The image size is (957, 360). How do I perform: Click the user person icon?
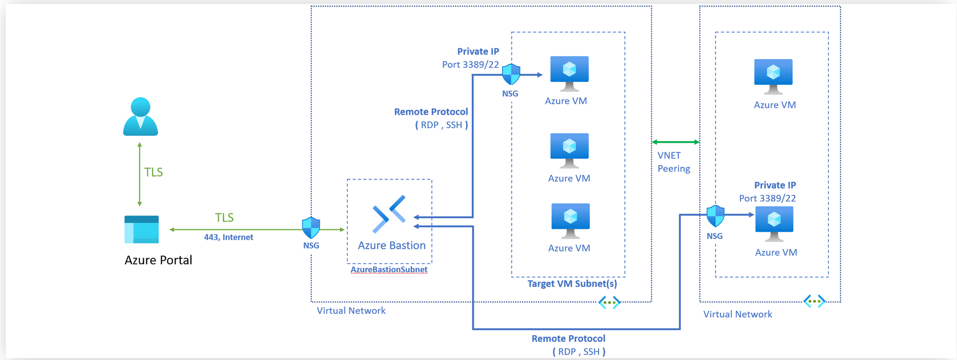[x=140, y=116]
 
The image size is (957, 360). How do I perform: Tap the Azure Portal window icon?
[x=141, y=229]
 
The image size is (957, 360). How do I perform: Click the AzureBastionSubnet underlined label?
[x=389, y=270]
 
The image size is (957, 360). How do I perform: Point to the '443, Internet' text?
[x=228, y=237]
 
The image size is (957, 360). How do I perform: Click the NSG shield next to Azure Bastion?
[x=311, y=227]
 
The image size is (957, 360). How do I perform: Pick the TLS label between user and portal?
[x=154, y=172]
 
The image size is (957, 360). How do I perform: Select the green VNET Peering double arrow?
[x=676, y=142]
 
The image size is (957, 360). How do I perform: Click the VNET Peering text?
[x=673, y=162]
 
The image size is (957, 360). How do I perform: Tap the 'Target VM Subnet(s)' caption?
[x=572, y=284]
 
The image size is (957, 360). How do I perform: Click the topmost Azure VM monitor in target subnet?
[x=569, y=73]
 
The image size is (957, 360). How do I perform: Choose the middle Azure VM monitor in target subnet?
[x=569, y=150]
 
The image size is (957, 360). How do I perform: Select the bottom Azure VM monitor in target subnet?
[x=570, y=220]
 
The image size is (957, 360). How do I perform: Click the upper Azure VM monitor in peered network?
[x=773, y=76]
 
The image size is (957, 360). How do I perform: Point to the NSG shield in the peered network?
[x=715, y=216]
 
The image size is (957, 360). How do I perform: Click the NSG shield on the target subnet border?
[x=511, y=74]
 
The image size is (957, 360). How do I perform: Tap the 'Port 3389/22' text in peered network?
[x=767, y=198]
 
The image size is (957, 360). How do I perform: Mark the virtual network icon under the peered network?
[x=814, y=301]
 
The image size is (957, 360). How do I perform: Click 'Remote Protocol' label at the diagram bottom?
[x=568, y=338]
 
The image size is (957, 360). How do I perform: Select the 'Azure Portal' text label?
[x=158, y=260]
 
